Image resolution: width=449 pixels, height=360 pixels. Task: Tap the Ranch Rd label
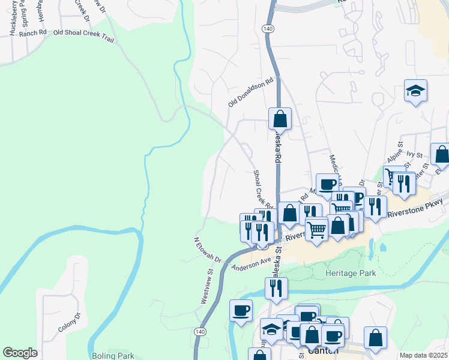click(x=32, y=34)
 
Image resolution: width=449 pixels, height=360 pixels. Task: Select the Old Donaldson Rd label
click(x=250, y=92)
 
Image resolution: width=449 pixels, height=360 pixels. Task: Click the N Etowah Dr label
click(x=208, y=250)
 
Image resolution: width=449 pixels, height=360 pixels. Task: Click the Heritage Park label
click(x=349, y=273)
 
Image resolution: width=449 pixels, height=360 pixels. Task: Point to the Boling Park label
click(x=113, y=355)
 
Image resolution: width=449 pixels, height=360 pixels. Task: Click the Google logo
click(x=20, y=353)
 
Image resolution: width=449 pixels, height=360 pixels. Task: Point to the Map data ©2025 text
click(x=424, y=355)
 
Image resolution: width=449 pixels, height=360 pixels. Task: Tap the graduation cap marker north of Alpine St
click(x=415, y=91)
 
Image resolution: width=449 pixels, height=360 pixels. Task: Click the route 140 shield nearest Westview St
click(x=200, y=331)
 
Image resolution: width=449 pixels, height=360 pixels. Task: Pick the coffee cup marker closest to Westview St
click(x=241, y=310)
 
